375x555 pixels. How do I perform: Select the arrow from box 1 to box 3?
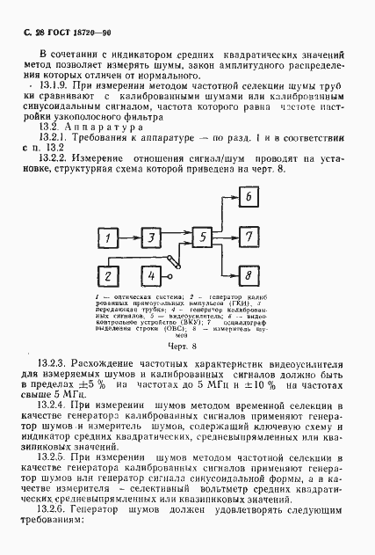pos(130,239)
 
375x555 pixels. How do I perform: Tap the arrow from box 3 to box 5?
pos(177,239)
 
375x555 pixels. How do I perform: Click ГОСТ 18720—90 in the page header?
pos(69,32)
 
